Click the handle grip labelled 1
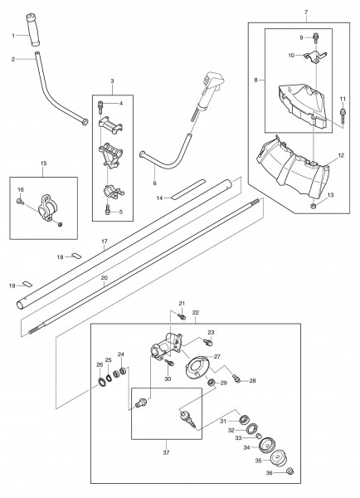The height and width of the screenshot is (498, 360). (x=33, y=30)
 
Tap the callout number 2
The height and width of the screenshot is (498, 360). (x=13, y=59)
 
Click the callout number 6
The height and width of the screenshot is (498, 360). (x=154, y=183)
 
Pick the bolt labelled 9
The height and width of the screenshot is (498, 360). (x=315, y=38)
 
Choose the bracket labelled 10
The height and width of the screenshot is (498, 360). (x=315, y=57)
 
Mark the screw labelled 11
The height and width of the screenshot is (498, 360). (x=343, y=116)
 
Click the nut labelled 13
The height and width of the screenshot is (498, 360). (x=314, y=207)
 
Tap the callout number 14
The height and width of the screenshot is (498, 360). (x=159, y=198)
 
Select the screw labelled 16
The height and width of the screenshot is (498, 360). (x=19, y=201)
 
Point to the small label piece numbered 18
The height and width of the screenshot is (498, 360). (x=76, y=255)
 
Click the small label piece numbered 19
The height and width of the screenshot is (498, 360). (x=27, y=284)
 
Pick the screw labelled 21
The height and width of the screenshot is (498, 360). (x=182, y=316)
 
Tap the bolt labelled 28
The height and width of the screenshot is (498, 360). (x=236, y=378)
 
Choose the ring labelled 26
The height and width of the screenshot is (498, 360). (x=102, y=381)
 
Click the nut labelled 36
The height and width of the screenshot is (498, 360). (x=289, y=471)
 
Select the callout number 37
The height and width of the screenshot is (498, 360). (x=166, y=452)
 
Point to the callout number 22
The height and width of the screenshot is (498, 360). (x=196, y=313)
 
